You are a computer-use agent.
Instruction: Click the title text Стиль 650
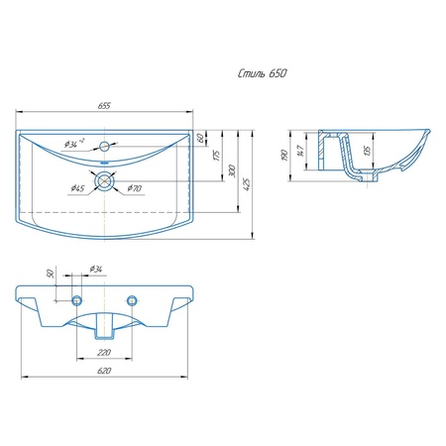(x=262, y=73)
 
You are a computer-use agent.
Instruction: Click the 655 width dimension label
(x=104, y=106)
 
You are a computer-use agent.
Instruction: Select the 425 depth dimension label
(x=247, y=184)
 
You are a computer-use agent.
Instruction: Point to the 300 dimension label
(x=232, y=171)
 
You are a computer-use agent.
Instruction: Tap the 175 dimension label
(x=216, y=156)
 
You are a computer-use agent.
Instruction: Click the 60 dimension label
(x=200, y=138)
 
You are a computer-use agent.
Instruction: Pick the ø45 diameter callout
(x=77, y=188)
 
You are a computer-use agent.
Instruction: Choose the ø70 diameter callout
(x=135, y=188)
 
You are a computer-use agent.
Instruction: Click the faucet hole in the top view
(x=104, y=146)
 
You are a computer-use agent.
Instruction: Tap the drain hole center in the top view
(x=104, y=181)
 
